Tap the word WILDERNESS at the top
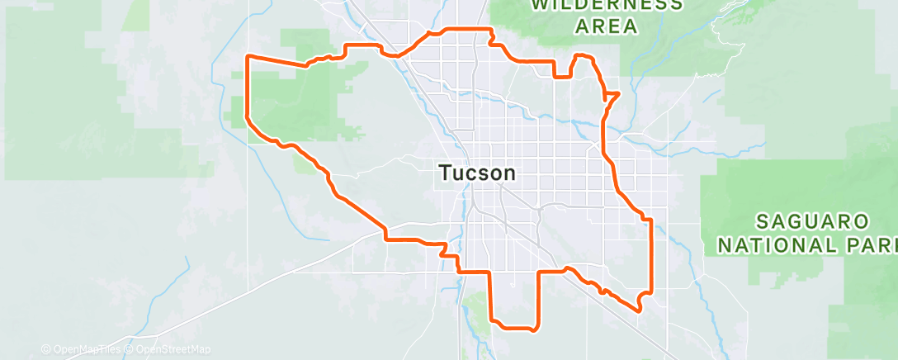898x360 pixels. pyautogui.click(x=607, y=5)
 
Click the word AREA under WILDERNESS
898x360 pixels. pyautogui.click(x=607, y=26)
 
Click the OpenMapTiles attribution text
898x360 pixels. pyautogui.click(x=86, y=349)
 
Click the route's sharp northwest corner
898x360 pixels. pyautogui.click(x=248, y=56)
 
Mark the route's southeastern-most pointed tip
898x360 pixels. pyautogui.click(x=639, y=310)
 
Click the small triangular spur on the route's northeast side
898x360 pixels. pyautogui.click(x=613, y=96)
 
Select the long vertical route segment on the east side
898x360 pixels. pyautogui.click(x=651, y=256)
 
